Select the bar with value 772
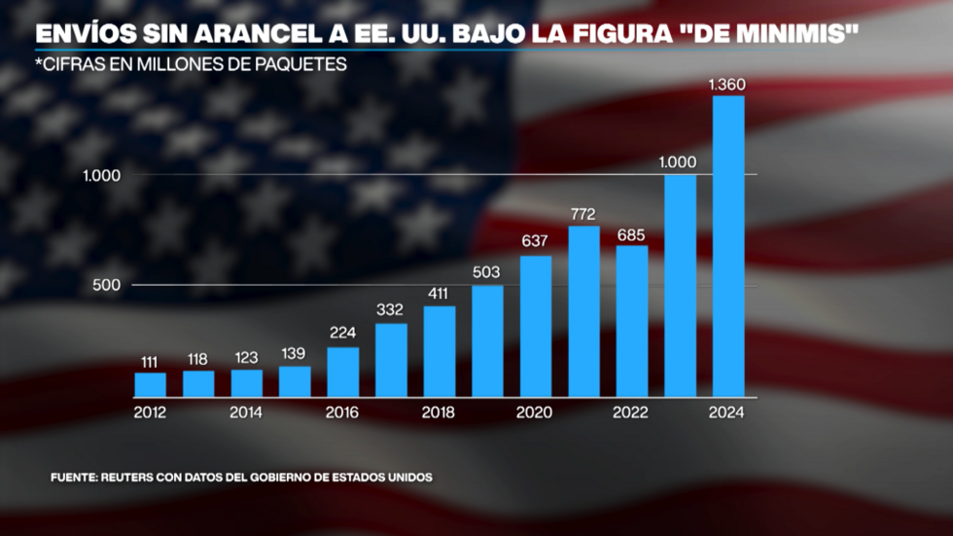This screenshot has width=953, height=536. [583, 311]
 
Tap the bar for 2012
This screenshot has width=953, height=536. [150, 385]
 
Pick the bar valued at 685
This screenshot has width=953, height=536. [632, 321]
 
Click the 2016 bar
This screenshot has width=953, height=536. [342, 372]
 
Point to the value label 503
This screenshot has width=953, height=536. [487, 271]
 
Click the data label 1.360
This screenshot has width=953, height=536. [727, 85]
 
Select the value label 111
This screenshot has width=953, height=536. [150, 360]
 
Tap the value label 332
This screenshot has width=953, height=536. [391, 310]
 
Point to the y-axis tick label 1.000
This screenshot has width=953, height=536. [101, 175]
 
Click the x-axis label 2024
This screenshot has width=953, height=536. [726, 412]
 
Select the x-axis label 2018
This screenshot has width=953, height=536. [439, 412]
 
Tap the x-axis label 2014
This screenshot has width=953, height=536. [246, 412]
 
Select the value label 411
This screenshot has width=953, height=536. [440, 292]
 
